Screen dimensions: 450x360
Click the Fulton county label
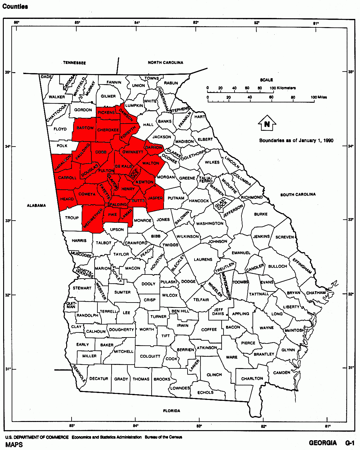coord(106,170)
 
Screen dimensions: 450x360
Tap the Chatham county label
coord(316,293)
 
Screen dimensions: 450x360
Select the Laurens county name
coord(203,259)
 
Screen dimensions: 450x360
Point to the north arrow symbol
coord(267,124)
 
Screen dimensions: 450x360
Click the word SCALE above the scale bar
coord(266,80)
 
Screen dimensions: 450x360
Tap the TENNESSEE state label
coord(74,63)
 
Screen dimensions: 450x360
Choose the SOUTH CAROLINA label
coord(298,194)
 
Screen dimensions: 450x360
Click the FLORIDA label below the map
coord(171,411)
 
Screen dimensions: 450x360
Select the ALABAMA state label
coord(36,205)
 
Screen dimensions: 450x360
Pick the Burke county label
coord(261,214)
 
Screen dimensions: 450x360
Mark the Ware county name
coord(232,357)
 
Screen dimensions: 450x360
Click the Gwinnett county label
coord(133,152)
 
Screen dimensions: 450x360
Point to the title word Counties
coord(15,6)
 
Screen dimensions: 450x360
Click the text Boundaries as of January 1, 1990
coord(296,141)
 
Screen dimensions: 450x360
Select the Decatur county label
coord(99,378)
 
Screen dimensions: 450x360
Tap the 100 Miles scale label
coord(319,97)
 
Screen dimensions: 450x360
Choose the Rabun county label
coord(171,83)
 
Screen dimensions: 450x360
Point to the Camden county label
coord(282,372)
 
